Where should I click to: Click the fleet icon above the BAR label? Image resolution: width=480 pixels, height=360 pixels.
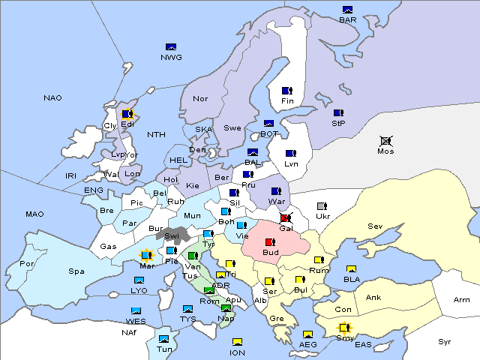pos(347,10)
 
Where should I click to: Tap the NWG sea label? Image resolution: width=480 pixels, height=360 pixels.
pos(171,57)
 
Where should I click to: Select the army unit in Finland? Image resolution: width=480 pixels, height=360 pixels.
pos(286,91)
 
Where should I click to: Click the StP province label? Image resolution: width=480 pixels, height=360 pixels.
pos(337,122)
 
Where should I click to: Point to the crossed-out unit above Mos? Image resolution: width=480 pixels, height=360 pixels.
pos(385,140)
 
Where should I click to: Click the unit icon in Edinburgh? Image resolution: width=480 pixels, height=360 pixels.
pos(127,114)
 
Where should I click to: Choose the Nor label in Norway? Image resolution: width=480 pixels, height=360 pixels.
pos(200,98)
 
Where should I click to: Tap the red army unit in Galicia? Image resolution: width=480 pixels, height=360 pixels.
pos(285,218)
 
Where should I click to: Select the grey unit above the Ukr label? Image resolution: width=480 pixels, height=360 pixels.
pos(322,206)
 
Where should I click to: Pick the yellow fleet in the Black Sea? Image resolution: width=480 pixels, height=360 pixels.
pos(351,269)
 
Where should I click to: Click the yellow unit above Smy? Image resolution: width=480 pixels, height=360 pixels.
pos(343,328)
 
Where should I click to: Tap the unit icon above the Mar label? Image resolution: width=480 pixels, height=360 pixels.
pos(147,256)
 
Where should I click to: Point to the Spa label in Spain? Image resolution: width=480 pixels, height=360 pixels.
pos(76,271)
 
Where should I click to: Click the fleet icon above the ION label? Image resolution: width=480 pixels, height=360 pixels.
pos(237,343)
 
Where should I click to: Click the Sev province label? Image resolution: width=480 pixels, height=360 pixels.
pos(374,226)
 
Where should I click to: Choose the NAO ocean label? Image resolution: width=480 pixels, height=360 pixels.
pos(52,97)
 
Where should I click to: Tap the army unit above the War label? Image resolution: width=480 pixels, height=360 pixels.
pos(276,191)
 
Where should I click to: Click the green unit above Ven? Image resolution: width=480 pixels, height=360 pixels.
pos(193,256)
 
